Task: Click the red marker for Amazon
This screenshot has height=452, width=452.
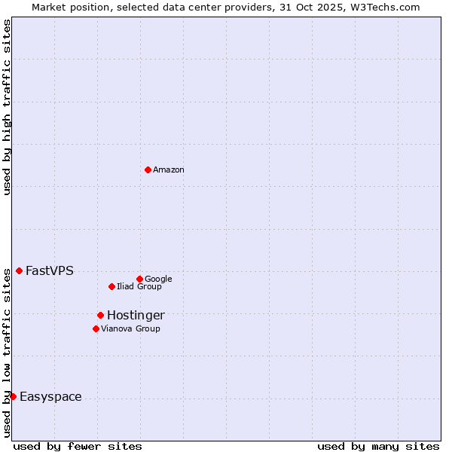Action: (x=148, y=169)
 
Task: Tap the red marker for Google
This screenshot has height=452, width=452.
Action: (x=139, y=279)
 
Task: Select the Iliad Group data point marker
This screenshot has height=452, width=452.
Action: (x=111, y=286)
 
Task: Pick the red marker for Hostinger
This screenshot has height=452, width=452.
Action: (x=100, y=315)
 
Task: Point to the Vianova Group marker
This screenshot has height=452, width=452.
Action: (x=96, y=328)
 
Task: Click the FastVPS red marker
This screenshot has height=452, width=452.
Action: (x=19, y=270)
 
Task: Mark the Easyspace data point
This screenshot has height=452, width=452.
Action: (x=13, y=396)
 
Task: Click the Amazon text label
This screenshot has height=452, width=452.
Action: (x=169, y=170)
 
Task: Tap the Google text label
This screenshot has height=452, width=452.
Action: (x=158, y=279)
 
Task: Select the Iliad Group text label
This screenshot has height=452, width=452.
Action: (x=139, y=287)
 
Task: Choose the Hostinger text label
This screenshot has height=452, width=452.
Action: (x=136, y=316)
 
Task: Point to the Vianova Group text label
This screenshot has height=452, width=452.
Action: (x=130, y=329)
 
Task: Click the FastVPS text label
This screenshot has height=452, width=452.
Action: (x=50, y=271)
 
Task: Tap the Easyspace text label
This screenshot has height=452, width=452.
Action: (x=50, y=397)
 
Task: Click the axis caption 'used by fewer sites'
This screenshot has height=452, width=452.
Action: (x=78, y=446)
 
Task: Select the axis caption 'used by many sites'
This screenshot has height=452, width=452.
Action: (x=378, y=446)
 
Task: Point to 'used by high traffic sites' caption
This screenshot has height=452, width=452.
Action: (x=7, y=107)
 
